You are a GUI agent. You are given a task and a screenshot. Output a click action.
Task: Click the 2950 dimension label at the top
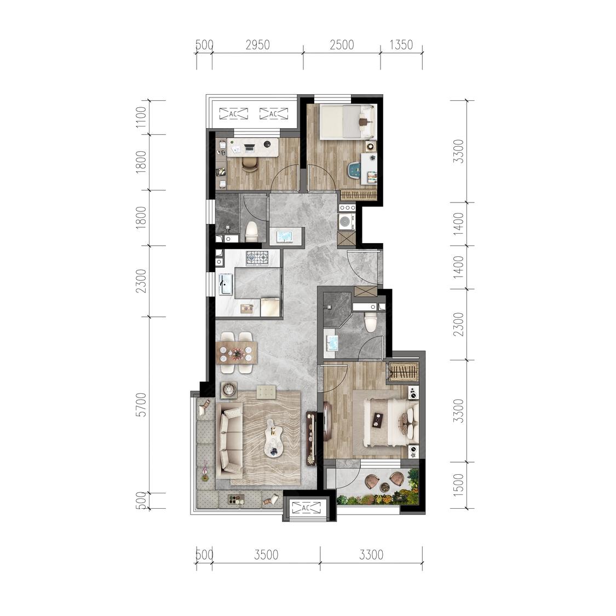point(258,45)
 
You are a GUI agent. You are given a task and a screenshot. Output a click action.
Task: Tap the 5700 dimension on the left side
point(140,404)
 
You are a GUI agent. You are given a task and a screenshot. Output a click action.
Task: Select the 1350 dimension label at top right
point(401,45)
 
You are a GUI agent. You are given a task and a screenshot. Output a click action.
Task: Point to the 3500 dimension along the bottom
point(266,555)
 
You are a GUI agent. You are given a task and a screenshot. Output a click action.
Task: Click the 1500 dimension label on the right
point(458,484)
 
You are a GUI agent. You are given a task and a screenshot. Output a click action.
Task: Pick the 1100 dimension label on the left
point(140,118)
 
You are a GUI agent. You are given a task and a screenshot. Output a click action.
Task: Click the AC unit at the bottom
point(307,508)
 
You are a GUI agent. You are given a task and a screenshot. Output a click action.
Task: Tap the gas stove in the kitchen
point(257,258)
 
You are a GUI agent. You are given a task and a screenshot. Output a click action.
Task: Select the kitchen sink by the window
point(225,284)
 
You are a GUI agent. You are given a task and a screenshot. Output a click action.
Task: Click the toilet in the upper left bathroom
point(251,232)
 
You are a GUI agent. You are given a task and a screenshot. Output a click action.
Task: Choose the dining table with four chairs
point(237,353)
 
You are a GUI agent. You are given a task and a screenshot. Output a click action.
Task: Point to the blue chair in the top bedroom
point(355,170)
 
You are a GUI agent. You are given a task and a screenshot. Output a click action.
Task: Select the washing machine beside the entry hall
point(346,222)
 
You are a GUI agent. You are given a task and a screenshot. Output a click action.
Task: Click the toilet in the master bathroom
point(371,321)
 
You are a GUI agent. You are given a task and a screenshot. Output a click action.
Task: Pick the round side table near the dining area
point(229,389)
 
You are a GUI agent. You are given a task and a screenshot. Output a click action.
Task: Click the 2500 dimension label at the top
point(342,45)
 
